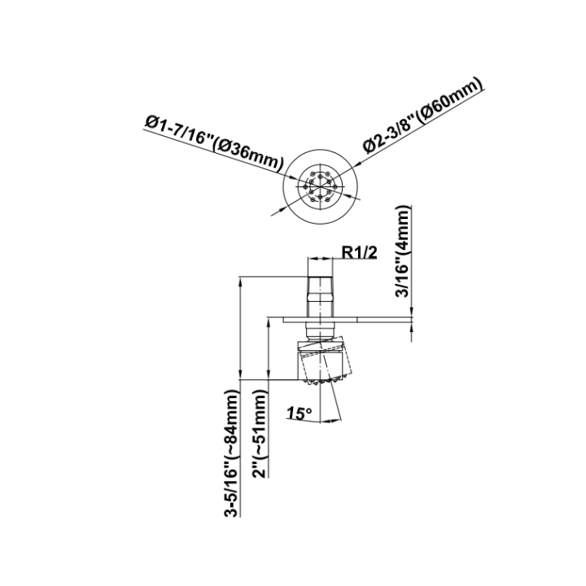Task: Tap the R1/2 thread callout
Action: [x=360, y=252]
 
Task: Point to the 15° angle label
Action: [x=299, y=413]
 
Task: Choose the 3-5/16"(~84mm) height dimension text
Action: [x=230, y=453]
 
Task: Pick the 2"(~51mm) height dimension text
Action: [x=260, y=434]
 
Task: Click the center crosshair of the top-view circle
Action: [x=321, y=186]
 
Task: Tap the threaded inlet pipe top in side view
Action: [x=320, y=295]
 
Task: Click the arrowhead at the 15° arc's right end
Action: [x=336, y=421]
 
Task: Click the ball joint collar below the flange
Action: [x=320, y=331]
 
